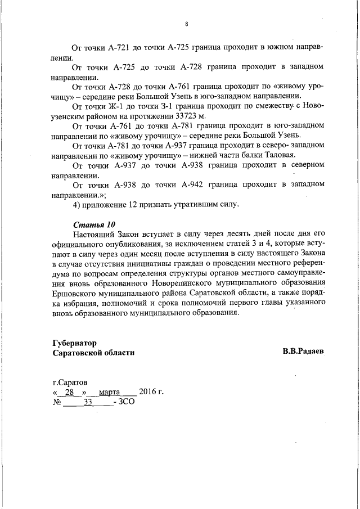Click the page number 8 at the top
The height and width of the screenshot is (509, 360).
click(186, 24)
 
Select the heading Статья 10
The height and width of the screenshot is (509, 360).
click(91, 225)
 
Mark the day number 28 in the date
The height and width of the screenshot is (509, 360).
click(70, 392)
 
